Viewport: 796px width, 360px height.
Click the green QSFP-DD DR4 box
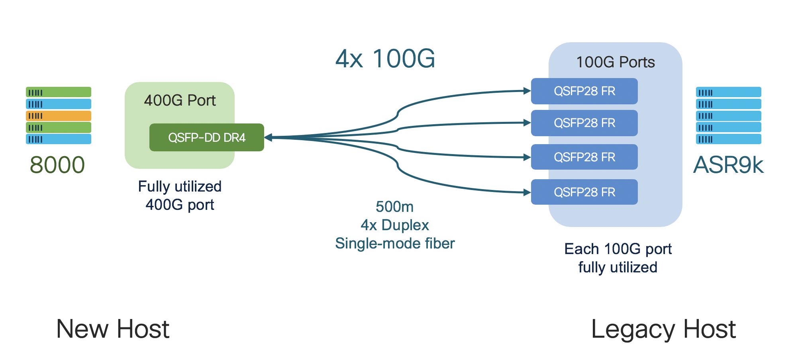206,137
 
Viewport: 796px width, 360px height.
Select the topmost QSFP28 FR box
584,91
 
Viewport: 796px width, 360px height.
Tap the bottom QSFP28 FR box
584,192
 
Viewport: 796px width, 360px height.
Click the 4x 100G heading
385,59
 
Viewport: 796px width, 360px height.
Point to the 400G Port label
180,100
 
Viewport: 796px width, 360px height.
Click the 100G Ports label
615,62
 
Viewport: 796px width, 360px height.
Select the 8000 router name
57,165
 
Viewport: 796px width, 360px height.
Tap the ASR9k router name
728,165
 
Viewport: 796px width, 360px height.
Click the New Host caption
113,329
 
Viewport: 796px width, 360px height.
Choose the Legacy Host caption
663,329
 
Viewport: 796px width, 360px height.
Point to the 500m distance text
394,207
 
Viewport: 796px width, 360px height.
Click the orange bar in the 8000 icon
59,116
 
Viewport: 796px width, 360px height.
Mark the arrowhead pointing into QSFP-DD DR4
268,137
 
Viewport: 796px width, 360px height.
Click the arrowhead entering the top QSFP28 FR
527,91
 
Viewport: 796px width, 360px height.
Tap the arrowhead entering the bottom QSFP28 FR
527,192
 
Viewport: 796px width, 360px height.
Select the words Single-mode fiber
394,243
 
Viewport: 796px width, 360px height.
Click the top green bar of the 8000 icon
59,92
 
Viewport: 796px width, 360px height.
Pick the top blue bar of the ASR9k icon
728,92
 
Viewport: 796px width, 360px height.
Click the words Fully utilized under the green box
180,186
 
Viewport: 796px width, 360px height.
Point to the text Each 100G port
618,249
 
